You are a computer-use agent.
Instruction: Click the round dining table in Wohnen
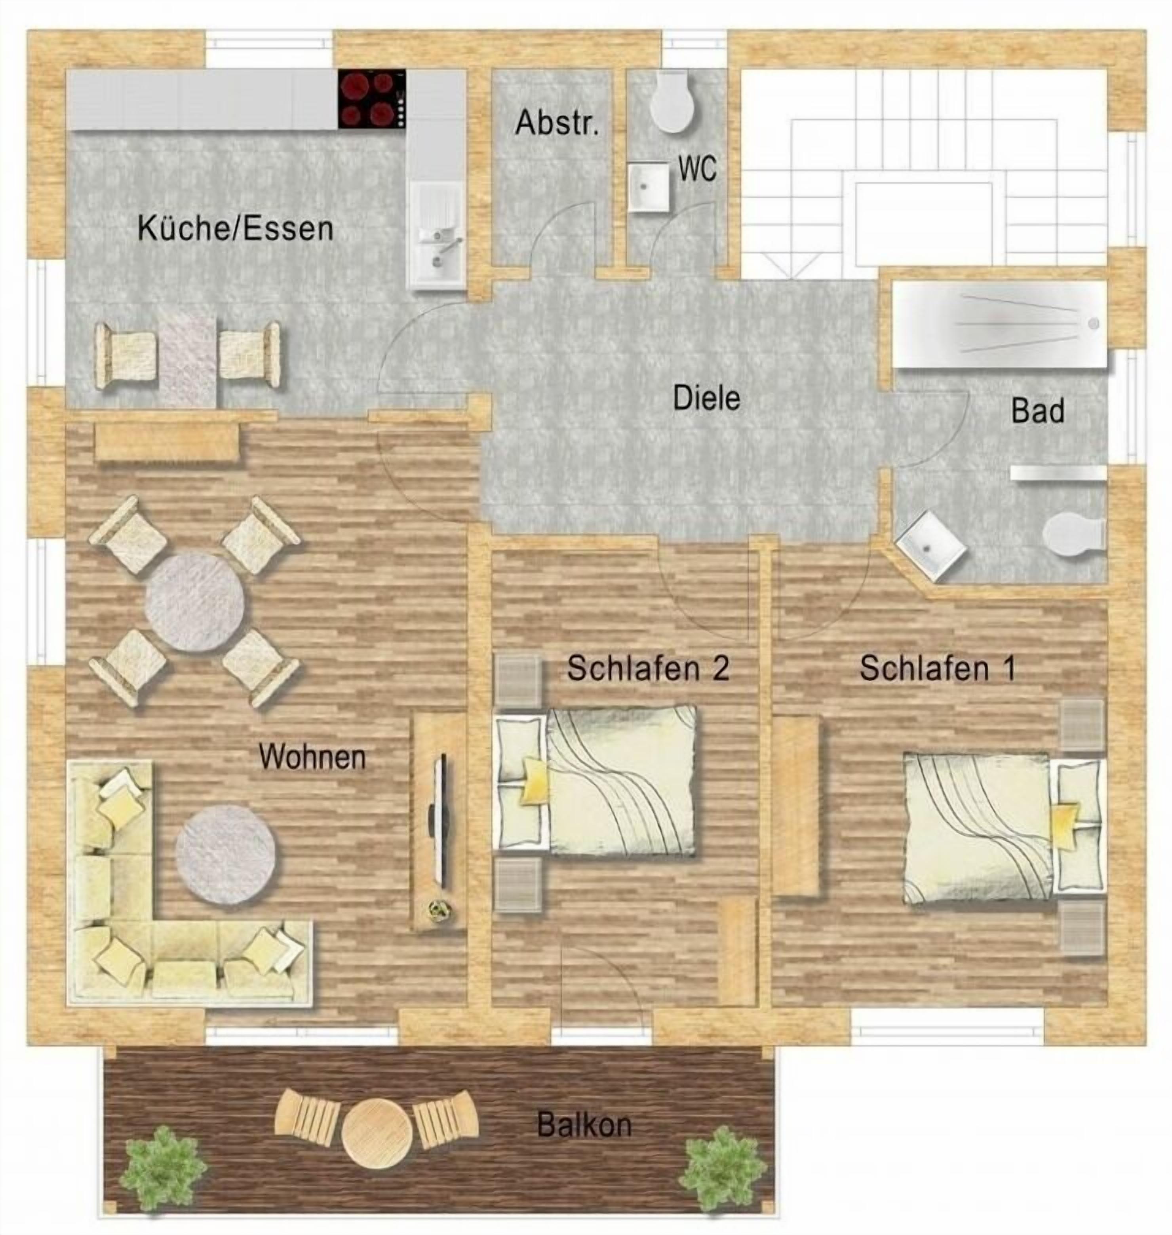pos(194,602)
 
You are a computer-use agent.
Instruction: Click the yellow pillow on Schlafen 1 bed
pos(1065,825)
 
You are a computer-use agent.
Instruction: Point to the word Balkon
pos(584,1125)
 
